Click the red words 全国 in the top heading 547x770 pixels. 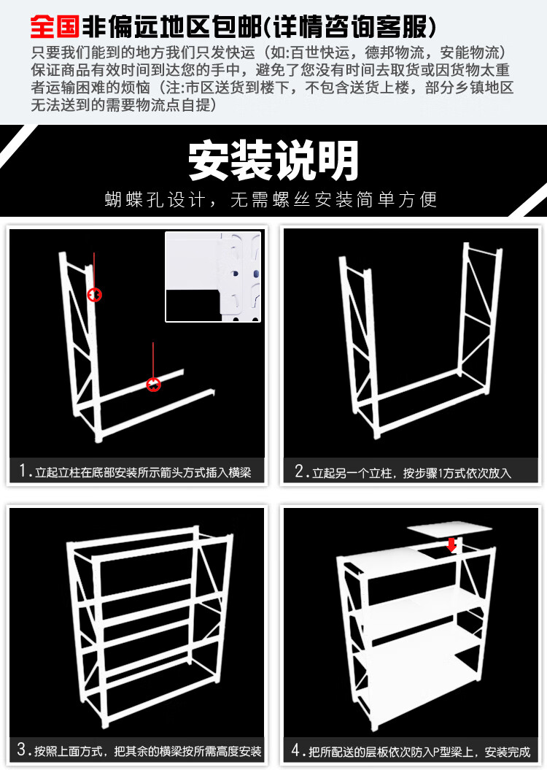(55, 26)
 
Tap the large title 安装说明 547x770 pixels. (273, 161)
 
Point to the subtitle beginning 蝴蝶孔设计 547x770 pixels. (271, 200)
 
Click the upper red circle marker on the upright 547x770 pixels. (94, 295)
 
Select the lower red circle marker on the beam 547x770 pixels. (154, 385)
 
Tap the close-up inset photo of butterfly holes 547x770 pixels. (213, 277)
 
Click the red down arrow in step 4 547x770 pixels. (451, 544)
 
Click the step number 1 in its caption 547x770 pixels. (23, 471)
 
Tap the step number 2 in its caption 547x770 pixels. (299, 471)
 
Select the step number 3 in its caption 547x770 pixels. (22, 749)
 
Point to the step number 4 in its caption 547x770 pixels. (296, 750)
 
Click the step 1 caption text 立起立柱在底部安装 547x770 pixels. (86, 472)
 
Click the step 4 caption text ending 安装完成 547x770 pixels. (419, 752)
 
